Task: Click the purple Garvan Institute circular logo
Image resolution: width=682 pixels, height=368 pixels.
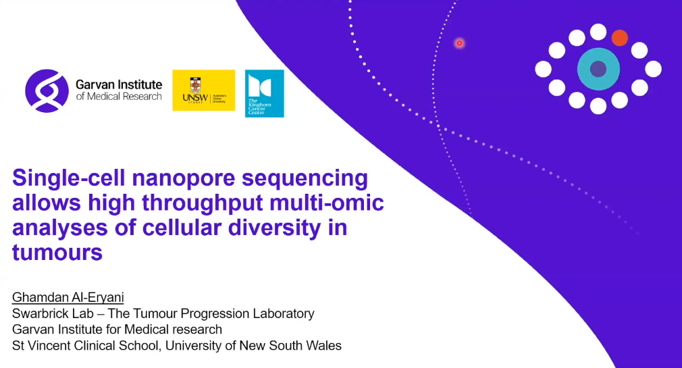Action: [x=47, y=90]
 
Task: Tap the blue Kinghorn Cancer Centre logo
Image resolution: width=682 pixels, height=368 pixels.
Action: [x=264, y=93]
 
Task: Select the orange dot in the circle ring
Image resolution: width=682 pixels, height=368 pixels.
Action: [x=619, y=38]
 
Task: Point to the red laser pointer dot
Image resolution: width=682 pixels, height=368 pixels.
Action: [x=459, y=43]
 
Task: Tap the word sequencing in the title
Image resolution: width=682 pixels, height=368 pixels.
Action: [x=305, y=179]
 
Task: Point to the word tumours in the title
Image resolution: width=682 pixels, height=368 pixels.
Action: [x=57, y=252]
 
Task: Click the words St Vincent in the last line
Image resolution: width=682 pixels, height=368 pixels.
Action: [x=38, y=346]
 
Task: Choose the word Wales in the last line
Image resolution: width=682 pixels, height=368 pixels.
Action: [x=324, y=346]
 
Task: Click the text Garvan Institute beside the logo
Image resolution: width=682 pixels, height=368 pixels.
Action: [x=120, y=84]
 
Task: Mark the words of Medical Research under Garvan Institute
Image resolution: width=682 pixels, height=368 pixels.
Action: [x=120, y=96]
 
